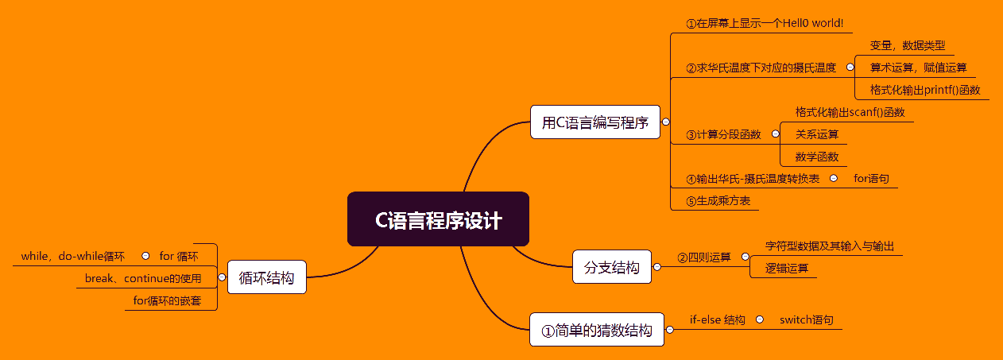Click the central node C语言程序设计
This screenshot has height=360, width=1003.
pyautogui.click(x=438, y=219)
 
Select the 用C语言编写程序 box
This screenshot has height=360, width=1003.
pyautogui.click(x=594, y=122)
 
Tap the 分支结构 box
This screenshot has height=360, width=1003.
pyautogui.click(x=611, y=267)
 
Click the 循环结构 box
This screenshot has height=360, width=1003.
pyautogui.click(x=266, y=277)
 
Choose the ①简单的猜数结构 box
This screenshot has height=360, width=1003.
pyautogui.click(x=596, y=330)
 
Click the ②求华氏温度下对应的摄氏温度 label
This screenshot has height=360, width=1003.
pyautogui.click(x=761, y=68)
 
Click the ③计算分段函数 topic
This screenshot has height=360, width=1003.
pyautogui.click(x=723, y=134)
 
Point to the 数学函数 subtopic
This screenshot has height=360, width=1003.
pyautogui.click(x=817, y=157)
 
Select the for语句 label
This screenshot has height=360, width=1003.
pyautogui.click(x=871, y=178)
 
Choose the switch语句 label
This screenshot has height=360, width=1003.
pyautogui.click(x=806, y=319)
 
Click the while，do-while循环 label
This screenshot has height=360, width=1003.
pyautogui.click(x=73, y=256)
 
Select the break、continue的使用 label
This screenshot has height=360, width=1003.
pyautogui.click(x=143, y=278)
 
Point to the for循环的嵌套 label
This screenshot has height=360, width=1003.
pyautogui.click(x=167, y=300)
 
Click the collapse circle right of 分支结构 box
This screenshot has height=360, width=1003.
pyautogui.click(x=657, y=268)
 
